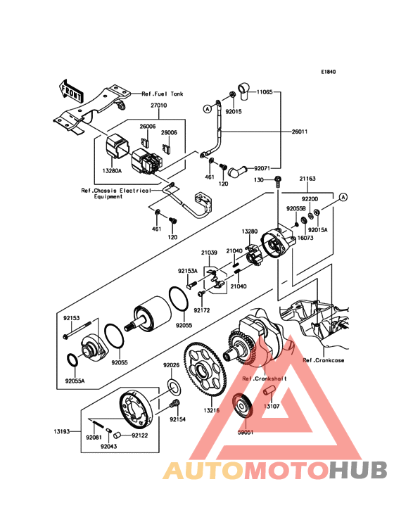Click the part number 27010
[x=158, y=106]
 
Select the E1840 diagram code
[x=329, y=72]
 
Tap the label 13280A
[x=112, y=171]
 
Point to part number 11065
[x=265, y=92]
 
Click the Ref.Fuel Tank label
[x=163, y=94]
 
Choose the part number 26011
[x=300, y=132]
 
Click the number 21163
[x=307, y=179]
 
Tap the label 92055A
[x=75, y=381]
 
